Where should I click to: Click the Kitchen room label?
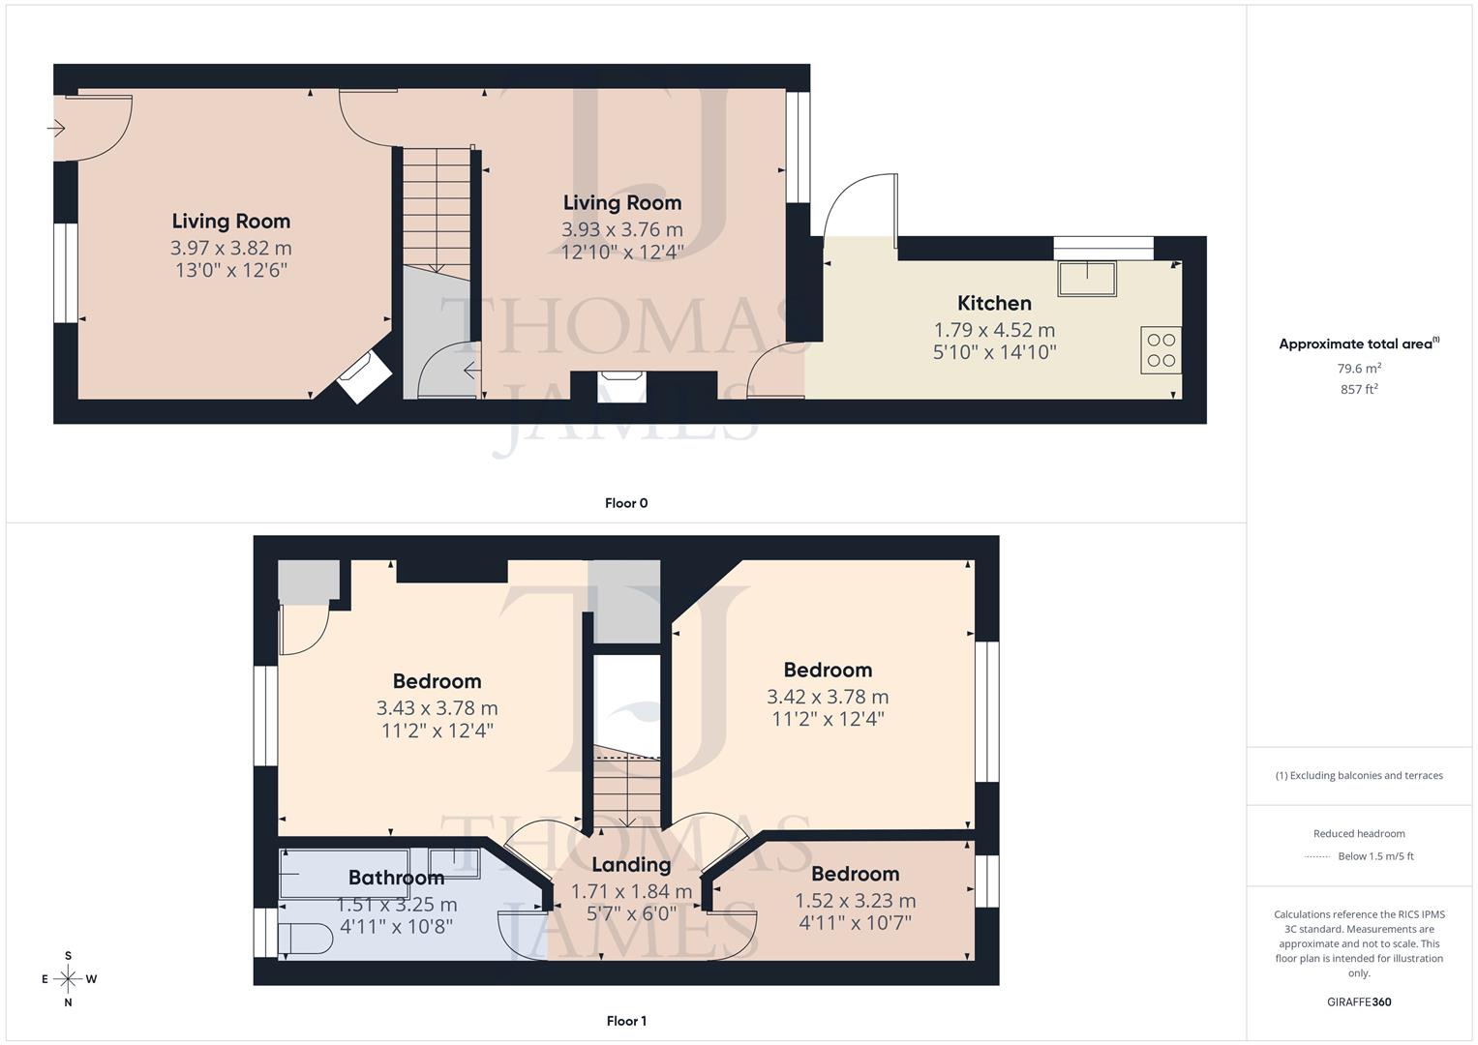point(994,303)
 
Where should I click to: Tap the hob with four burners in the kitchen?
point(1161,350)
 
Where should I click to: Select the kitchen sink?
point(1087,279)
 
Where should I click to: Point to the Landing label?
point(631,865)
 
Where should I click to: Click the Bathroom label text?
point(396,878)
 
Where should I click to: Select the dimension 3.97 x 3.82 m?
point(230,248)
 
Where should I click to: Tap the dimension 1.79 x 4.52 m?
point(994,330)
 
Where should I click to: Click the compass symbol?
point(69,978)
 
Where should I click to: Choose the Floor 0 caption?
point(626,503)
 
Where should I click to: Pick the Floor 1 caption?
point(626,1021)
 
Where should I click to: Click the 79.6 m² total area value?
point(1359,369)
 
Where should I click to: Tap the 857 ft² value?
point(1359,389)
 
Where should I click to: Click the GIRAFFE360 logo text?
point(1359,1002)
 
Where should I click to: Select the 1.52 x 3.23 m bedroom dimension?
point(855,901)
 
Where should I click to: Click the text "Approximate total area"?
point(1355,344)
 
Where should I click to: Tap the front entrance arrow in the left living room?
point(56,128)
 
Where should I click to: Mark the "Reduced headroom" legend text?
point(1359,834)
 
